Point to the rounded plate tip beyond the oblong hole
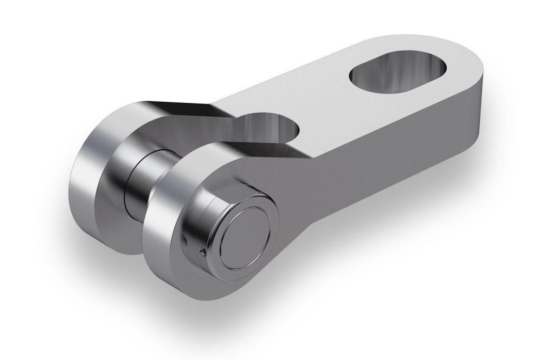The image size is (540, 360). (x=464, y=58)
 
